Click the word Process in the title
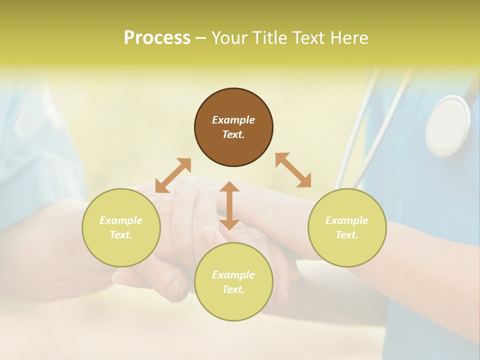pyautogui.click(x=157, y=38)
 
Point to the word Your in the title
pyautogui.click(x=228, y=38)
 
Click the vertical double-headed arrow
pyautogui.click(x=229, y=205)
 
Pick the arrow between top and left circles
pyautogui.click(x=173, y=175)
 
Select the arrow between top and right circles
pyautogui.click(x=293, y=170)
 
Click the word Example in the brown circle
pyautogui.click(x=233, y=120)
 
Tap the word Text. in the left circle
pyautogui.click(x=121, y=235)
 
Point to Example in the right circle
pyautogui.click(x=347, y=220)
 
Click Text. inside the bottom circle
pyautogui.click(x=233, y=289)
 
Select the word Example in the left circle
pyautogui.click(x=121, y=220)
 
